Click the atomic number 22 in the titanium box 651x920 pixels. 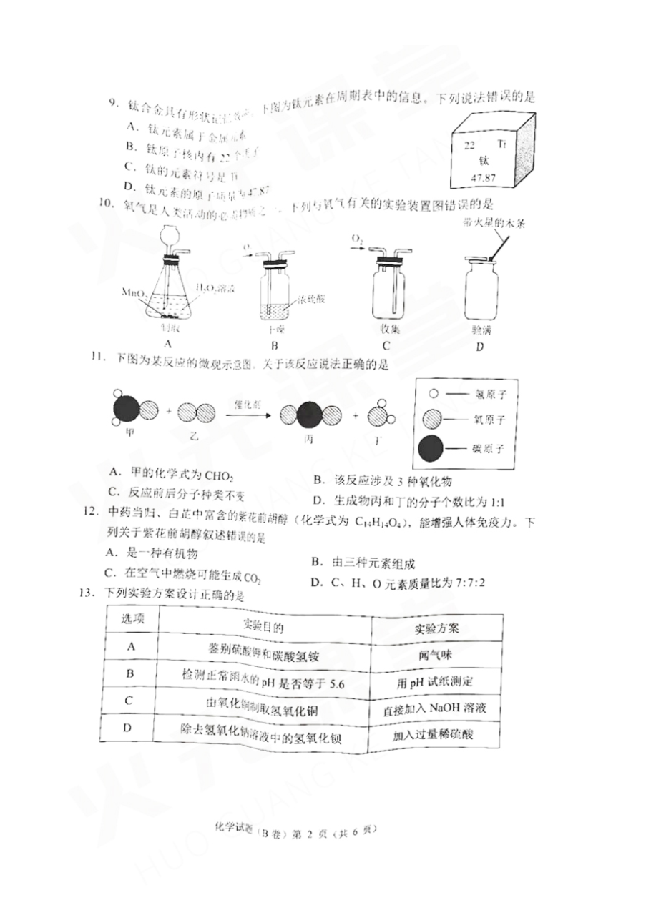click(x=469, y=145)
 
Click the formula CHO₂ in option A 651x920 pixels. click(x=218, y=475)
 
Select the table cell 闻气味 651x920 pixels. click(x=434, y=655)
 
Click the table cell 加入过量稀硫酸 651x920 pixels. click(x=434, y=734)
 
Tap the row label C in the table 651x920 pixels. click(x=129, y=700)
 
